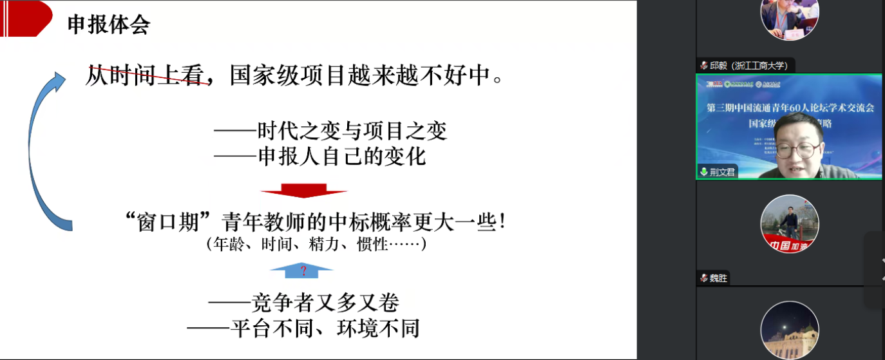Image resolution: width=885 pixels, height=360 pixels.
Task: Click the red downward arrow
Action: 303,191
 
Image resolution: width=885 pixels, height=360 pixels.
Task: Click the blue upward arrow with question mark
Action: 301,270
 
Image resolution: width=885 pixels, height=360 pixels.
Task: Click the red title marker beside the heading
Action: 26,18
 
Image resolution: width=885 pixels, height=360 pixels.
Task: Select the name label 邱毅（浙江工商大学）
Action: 747,66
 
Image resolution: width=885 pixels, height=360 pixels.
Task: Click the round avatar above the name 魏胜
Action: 789,223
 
